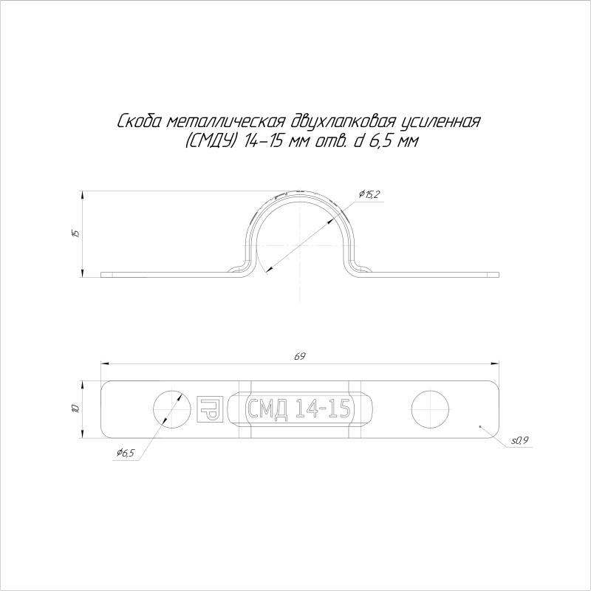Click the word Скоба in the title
coord(140,122)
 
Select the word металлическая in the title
coord(225,122)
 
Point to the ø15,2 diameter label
coord(369,194)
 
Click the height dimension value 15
coord(76,233)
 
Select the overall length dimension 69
coord(300,356)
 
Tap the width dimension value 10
coord(76,409)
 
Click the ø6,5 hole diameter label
coord(126,453)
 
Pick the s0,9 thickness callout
coord(520,440)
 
